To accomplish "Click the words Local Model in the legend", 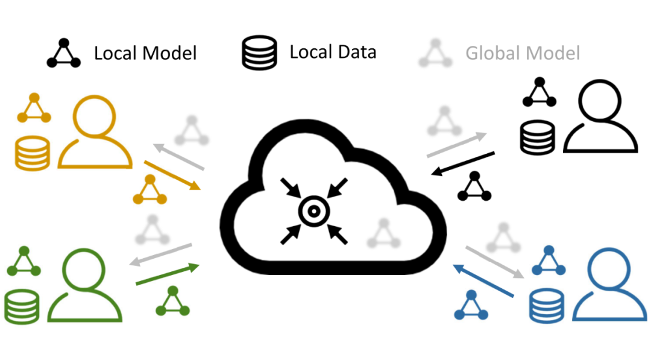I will tap(145, 53).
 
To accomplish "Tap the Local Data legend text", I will tap(333, 52).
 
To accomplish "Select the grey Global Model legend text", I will tap(522, 53).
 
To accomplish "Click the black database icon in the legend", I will tap(259, 52).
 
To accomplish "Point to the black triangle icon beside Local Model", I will tap(64, 53).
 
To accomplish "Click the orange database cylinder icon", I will tap(31, 152).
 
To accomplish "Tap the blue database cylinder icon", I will tap(546, 305).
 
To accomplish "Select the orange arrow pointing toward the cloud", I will tap(172, 175).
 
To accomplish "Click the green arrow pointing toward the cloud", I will tap(168, 274).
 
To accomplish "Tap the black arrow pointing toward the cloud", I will tap(464, 164).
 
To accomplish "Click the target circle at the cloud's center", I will tap(314, 211).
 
